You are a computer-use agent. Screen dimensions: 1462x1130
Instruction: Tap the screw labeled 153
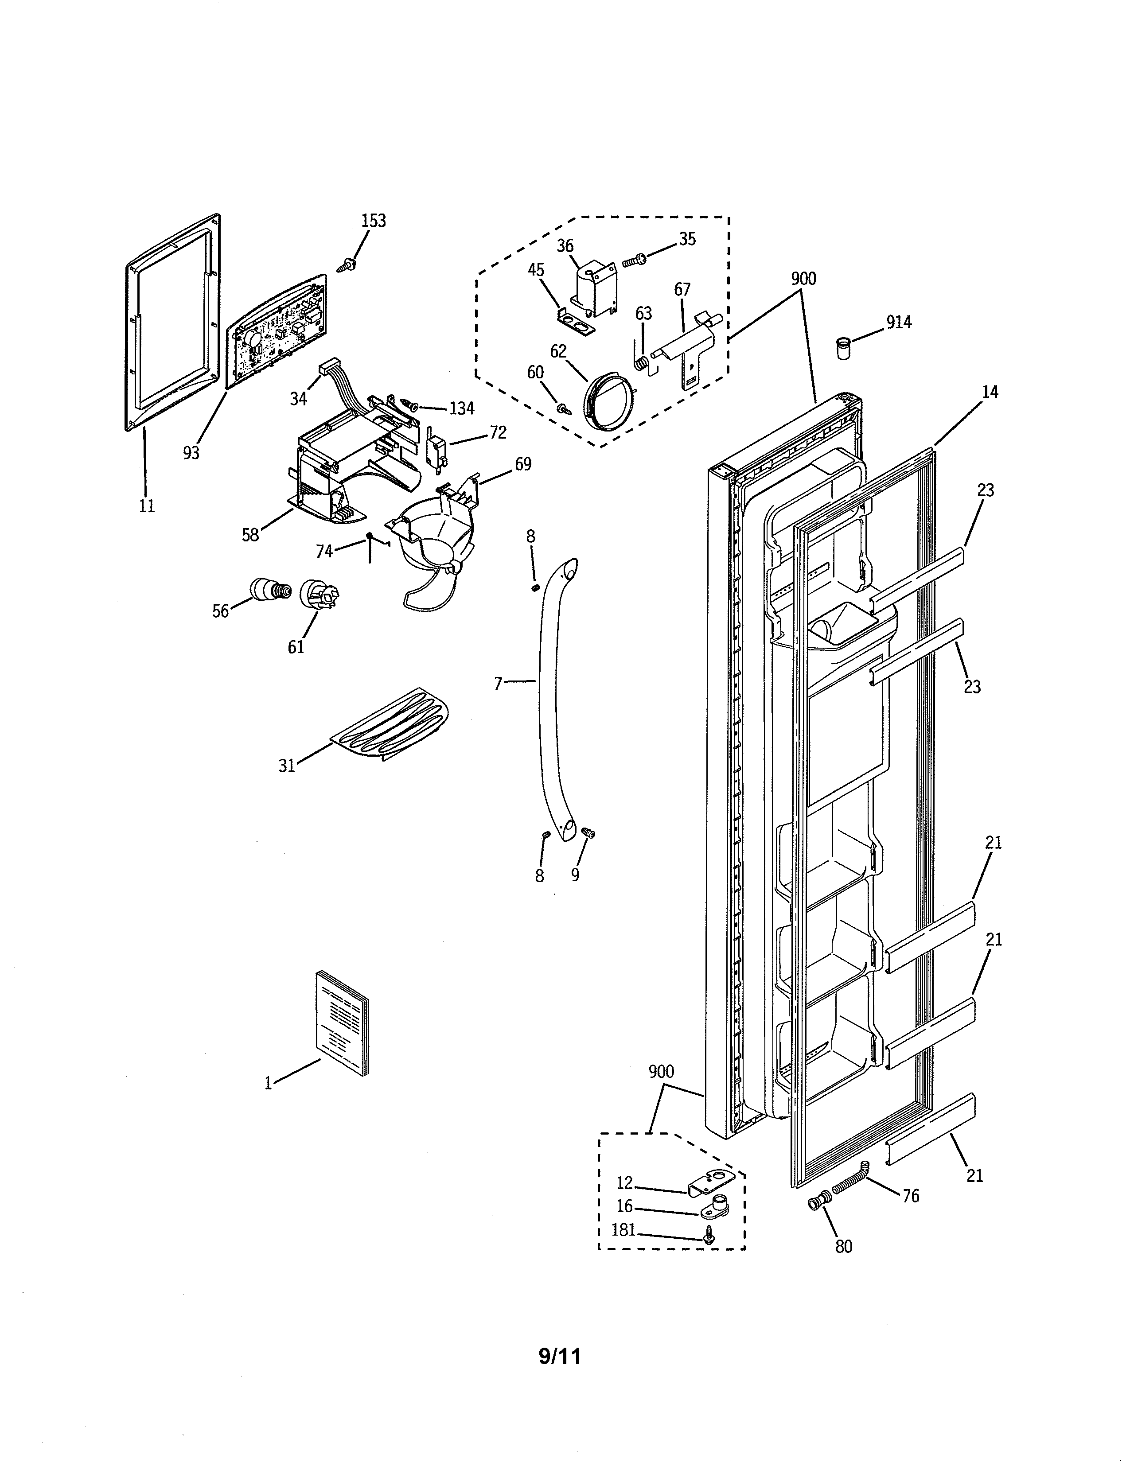coord(348,265)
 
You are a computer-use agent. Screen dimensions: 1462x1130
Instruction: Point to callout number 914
coord(899,323)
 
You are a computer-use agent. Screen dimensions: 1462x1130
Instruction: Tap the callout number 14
coord(990,392)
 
